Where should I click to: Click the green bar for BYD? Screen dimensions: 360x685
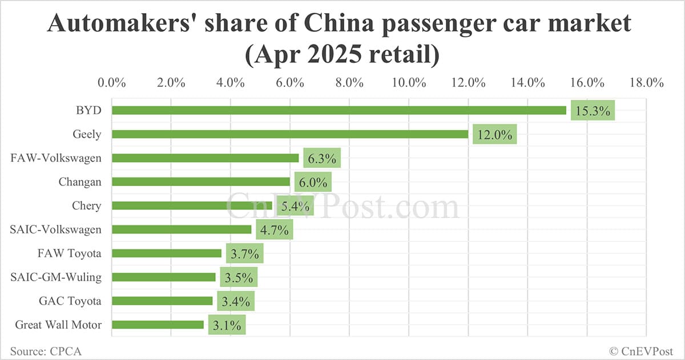point(339,110)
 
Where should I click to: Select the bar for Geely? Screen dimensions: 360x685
point(290,134)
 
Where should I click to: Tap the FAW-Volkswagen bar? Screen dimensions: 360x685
point(205,158)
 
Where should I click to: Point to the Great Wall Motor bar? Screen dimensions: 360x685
point(158,325)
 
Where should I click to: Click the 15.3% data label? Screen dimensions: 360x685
point(593,111)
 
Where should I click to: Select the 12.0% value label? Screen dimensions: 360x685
point(494,135)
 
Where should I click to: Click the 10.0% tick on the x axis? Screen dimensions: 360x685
point(409,82)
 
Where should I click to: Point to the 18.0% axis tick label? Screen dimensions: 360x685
point(646,82)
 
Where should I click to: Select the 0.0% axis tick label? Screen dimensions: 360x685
point(112,82)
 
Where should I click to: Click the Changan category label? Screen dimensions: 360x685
point(80,182)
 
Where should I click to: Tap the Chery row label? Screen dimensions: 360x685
point(86,205)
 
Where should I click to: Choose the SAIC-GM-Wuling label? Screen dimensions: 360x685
point(56,277)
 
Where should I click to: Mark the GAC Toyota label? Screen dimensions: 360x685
point(70,301)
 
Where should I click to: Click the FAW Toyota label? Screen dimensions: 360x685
point(70,253)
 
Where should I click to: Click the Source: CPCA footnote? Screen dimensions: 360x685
point(45,351)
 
